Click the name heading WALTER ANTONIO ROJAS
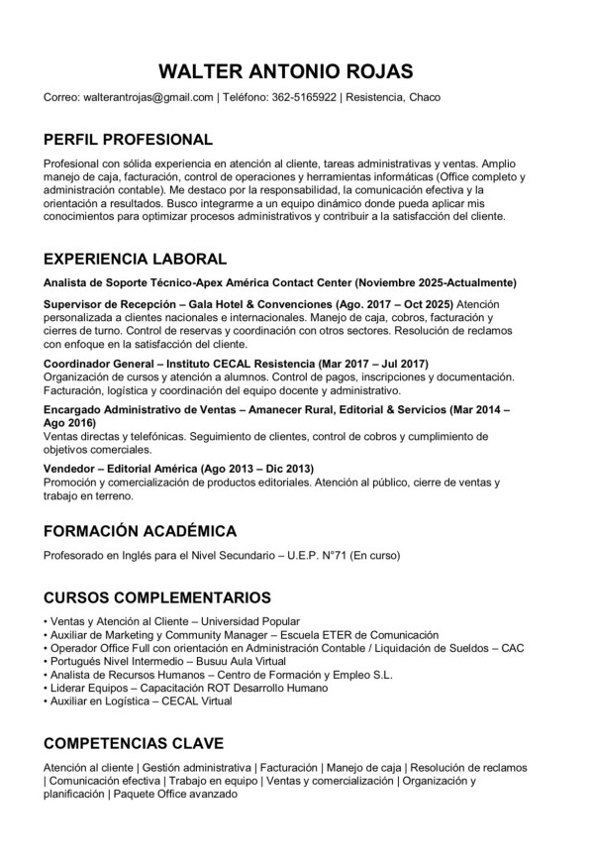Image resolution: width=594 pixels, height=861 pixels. (286, 71)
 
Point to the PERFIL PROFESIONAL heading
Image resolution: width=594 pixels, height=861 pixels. (128, 140)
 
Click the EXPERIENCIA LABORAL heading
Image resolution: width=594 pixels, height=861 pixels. (136, 260)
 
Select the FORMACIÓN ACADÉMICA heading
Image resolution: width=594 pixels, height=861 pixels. (140, 530)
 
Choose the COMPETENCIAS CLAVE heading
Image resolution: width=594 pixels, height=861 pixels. (134, 743)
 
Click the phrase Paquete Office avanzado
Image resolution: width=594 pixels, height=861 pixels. (174, 794)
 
